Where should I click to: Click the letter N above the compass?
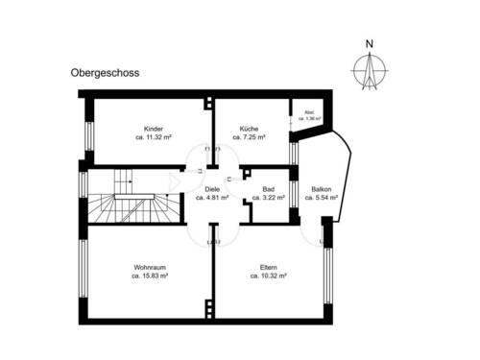pos(369,42)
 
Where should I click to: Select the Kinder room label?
pos(153,129)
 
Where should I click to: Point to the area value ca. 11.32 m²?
pos(153,137)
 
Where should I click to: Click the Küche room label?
pos(251,129)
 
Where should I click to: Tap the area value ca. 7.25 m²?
pos(251,137)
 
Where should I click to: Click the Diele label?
pos(212,189)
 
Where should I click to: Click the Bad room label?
pos(269,189)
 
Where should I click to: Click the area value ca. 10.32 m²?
pos(268,276)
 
